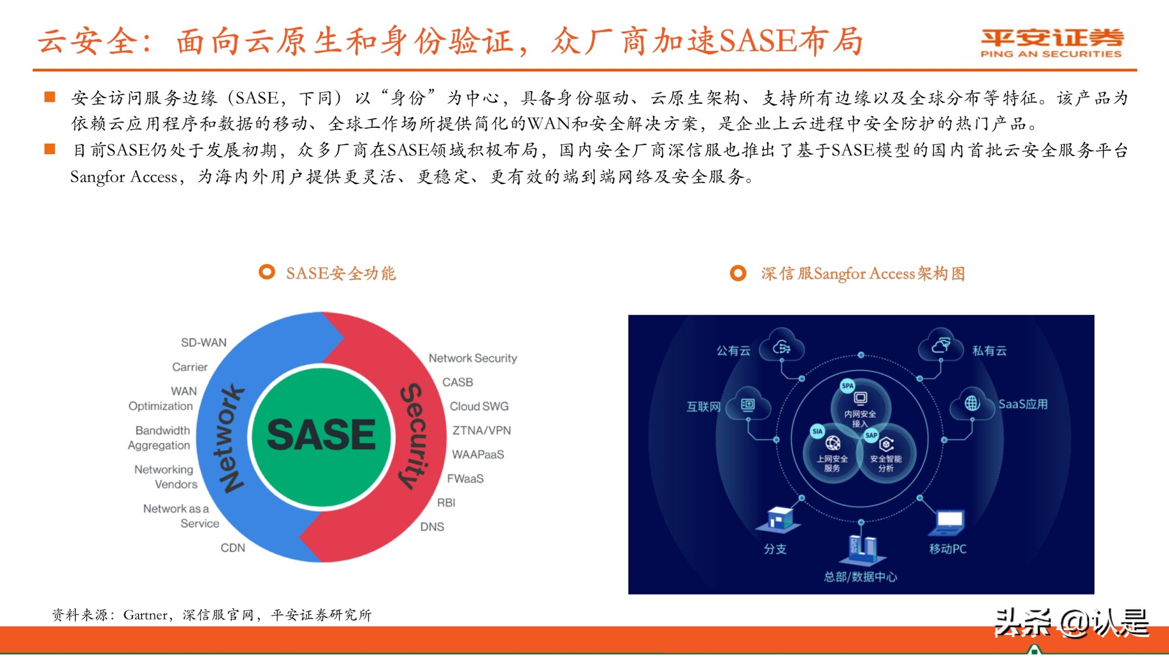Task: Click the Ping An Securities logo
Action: coord(1051,43)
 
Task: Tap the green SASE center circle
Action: coord(321,435)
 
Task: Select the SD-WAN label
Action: coord(203,343)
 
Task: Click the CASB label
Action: coord(458,383)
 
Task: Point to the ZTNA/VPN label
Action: coord(482,430)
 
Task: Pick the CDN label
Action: coord(233,548)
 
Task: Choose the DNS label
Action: coord(432,527)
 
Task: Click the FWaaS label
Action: coord(465,479)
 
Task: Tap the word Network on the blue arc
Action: coord(231,438)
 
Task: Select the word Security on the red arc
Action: coord(414,435)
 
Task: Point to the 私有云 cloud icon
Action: coord(940,346)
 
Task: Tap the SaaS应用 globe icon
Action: coord(972,403)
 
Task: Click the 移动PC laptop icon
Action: coord(948,522)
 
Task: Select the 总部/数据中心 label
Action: coord(860,577)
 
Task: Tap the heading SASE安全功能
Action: coord(341,273)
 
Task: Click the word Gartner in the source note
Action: coord(145,615)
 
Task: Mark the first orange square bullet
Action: coord(50,97)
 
